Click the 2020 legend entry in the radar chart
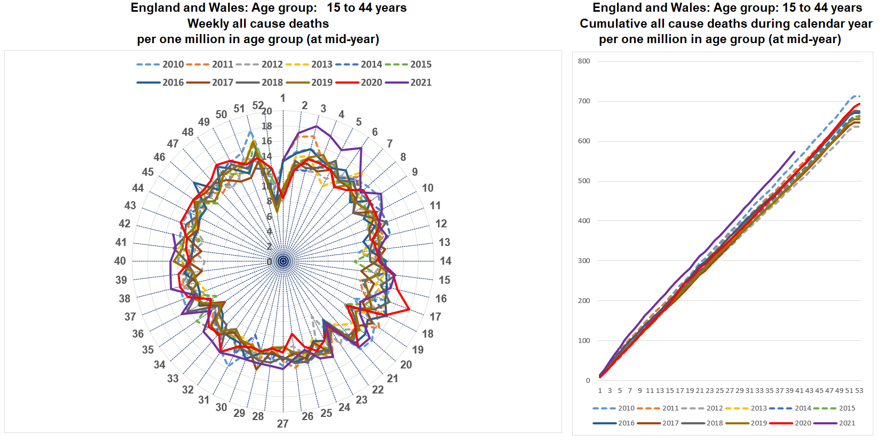pyautogui.click(x=371, y=83)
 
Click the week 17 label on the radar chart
pyautogui.click(x=435, y=317)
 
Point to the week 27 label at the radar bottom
pyautogui.click(x=282, y=424)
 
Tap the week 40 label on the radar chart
pyautogui.click(x=120, y=261)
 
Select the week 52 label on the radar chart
pyautogui.click(x=258, y=105)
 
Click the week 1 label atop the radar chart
pyautogui.click(x=283, y=98)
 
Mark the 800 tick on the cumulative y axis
pyautogui.click(x=584, y=61)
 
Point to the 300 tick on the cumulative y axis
pyautogui.click(x=584, y=261)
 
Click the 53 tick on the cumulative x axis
pyautogui.click(x=859, y=391)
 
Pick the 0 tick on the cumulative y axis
pyautogui.click(x=588, y=381)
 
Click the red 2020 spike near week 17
pyautogui.click(x=409, y=309)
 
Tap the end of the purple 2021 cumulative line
pyautogui.click(x=794, y=152)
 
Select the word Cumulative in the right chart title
pyautogui.click(x=612, y=24)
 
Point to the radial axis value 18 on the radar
pyautogui.click(x=266, y=126)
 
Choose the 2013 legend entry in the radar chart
pyautogui.click(x=321, y=64)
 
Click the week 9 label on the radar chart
pyautogui.click(x=415, y=172)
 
